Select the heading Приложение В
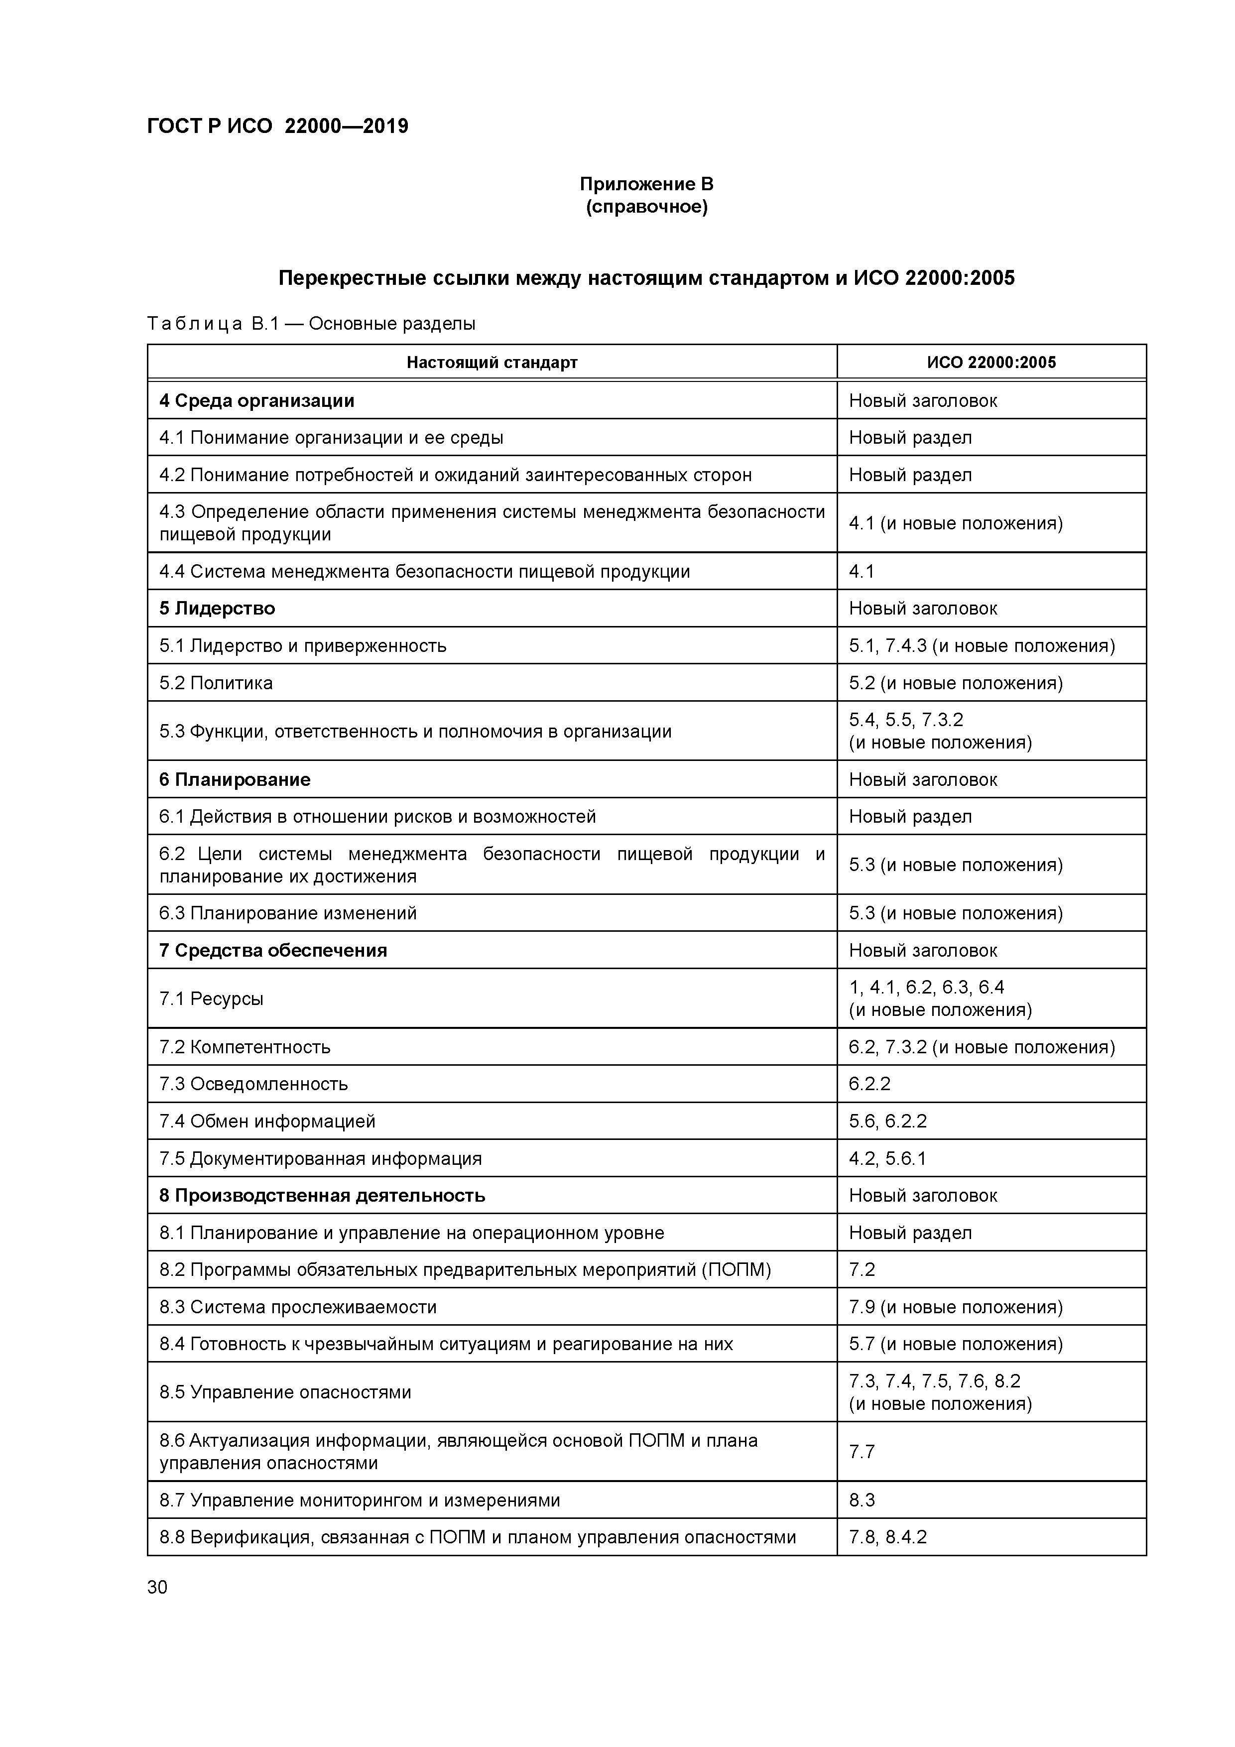(646, 184)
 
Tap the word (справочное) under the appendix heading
(646, 207)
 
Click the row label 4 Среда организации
(256, 401)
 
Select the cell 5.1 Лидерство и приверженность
(302, 646)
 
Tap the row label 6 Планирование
(235, 780)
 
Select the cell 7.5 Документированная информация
(320, 1159)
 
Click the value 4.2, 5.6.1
(887, 1159)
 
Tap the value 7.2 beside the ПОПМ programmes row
(862, 1270)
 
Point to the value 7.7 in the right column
(862, 1452)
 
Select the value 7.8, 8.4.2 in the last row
(887, 1538)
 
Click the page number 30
(157, 1587)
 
